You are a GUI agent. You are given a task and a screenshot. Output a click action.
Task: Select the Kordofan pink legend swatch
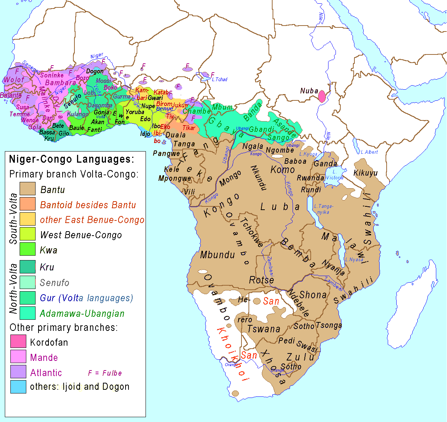18,341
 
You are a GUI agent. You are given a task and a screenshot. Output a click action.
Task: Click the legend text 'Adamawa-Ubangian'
82,313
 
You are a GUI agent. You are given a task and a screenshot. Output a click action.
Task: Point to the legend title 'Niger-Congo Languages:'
71,159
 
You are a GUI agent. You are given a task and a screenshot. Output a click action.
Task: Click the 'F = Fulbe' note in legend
105,373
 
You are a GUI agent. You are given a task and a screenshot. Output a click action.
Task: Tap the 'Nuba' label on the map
309,91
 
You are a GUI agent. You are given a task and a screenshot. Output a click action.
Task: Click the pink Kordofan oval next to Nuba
322,96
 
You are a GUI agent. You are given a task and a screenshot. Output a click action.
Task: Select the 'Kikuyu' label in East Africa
366,173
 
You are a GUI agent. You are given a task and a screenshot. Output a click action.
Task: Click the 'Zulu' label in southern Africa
300,357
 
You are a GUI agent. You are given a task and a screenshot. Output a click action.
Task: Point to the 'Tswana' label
264,329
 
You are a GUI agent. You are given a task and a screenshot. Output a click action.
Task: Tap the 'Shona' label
313,295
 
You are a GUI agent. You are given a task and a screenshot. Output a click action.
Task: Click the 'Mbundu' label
217,255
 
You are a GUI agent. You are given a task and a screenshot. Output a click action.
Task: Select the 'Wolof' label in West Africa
14,79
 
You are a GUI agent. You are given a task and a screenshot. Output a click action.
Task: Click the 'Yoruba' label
135,112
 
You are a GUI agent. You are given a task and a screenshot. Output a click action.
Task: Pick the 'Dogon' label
95,71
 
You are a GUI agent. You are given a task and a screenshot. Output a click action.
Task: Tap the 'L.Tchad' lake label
220,79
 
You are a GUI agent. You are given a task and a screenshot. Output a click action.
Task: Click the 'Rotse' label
261,280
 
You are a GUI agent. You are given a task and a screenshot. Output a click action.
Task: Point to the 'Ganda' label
326,163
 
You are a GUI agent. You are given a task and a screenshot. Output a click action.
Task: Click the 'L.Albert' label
369,152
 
